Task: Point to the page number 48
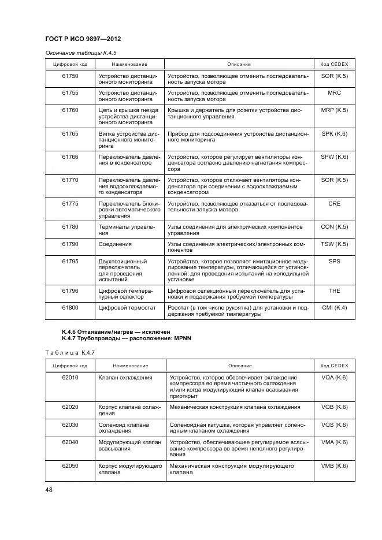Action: (49, 490)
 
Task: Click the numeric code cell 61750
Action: (70, 76)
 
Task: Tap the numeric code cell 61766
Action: (70, 157)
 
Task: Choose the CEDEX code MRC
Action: (334, 92)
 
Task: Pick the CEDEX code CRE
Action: (334, 204)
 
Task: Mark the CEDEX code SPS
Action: (334, 261)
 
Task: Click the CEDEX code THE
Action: (334, 291)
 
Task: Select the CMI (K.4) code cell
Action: (334, 308)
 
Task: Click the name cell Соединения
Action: (115, 244)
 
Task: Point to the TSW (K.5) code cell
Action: (334, 244)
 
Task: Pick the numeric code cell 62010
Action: (70, 377)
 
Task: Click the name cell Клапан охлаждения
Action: (125, 377)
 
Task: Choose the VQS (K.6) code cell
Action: (334, 424)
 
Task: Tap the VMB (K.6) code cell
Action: (334, 465)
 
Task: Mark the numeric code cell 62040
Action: (70, 442)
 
